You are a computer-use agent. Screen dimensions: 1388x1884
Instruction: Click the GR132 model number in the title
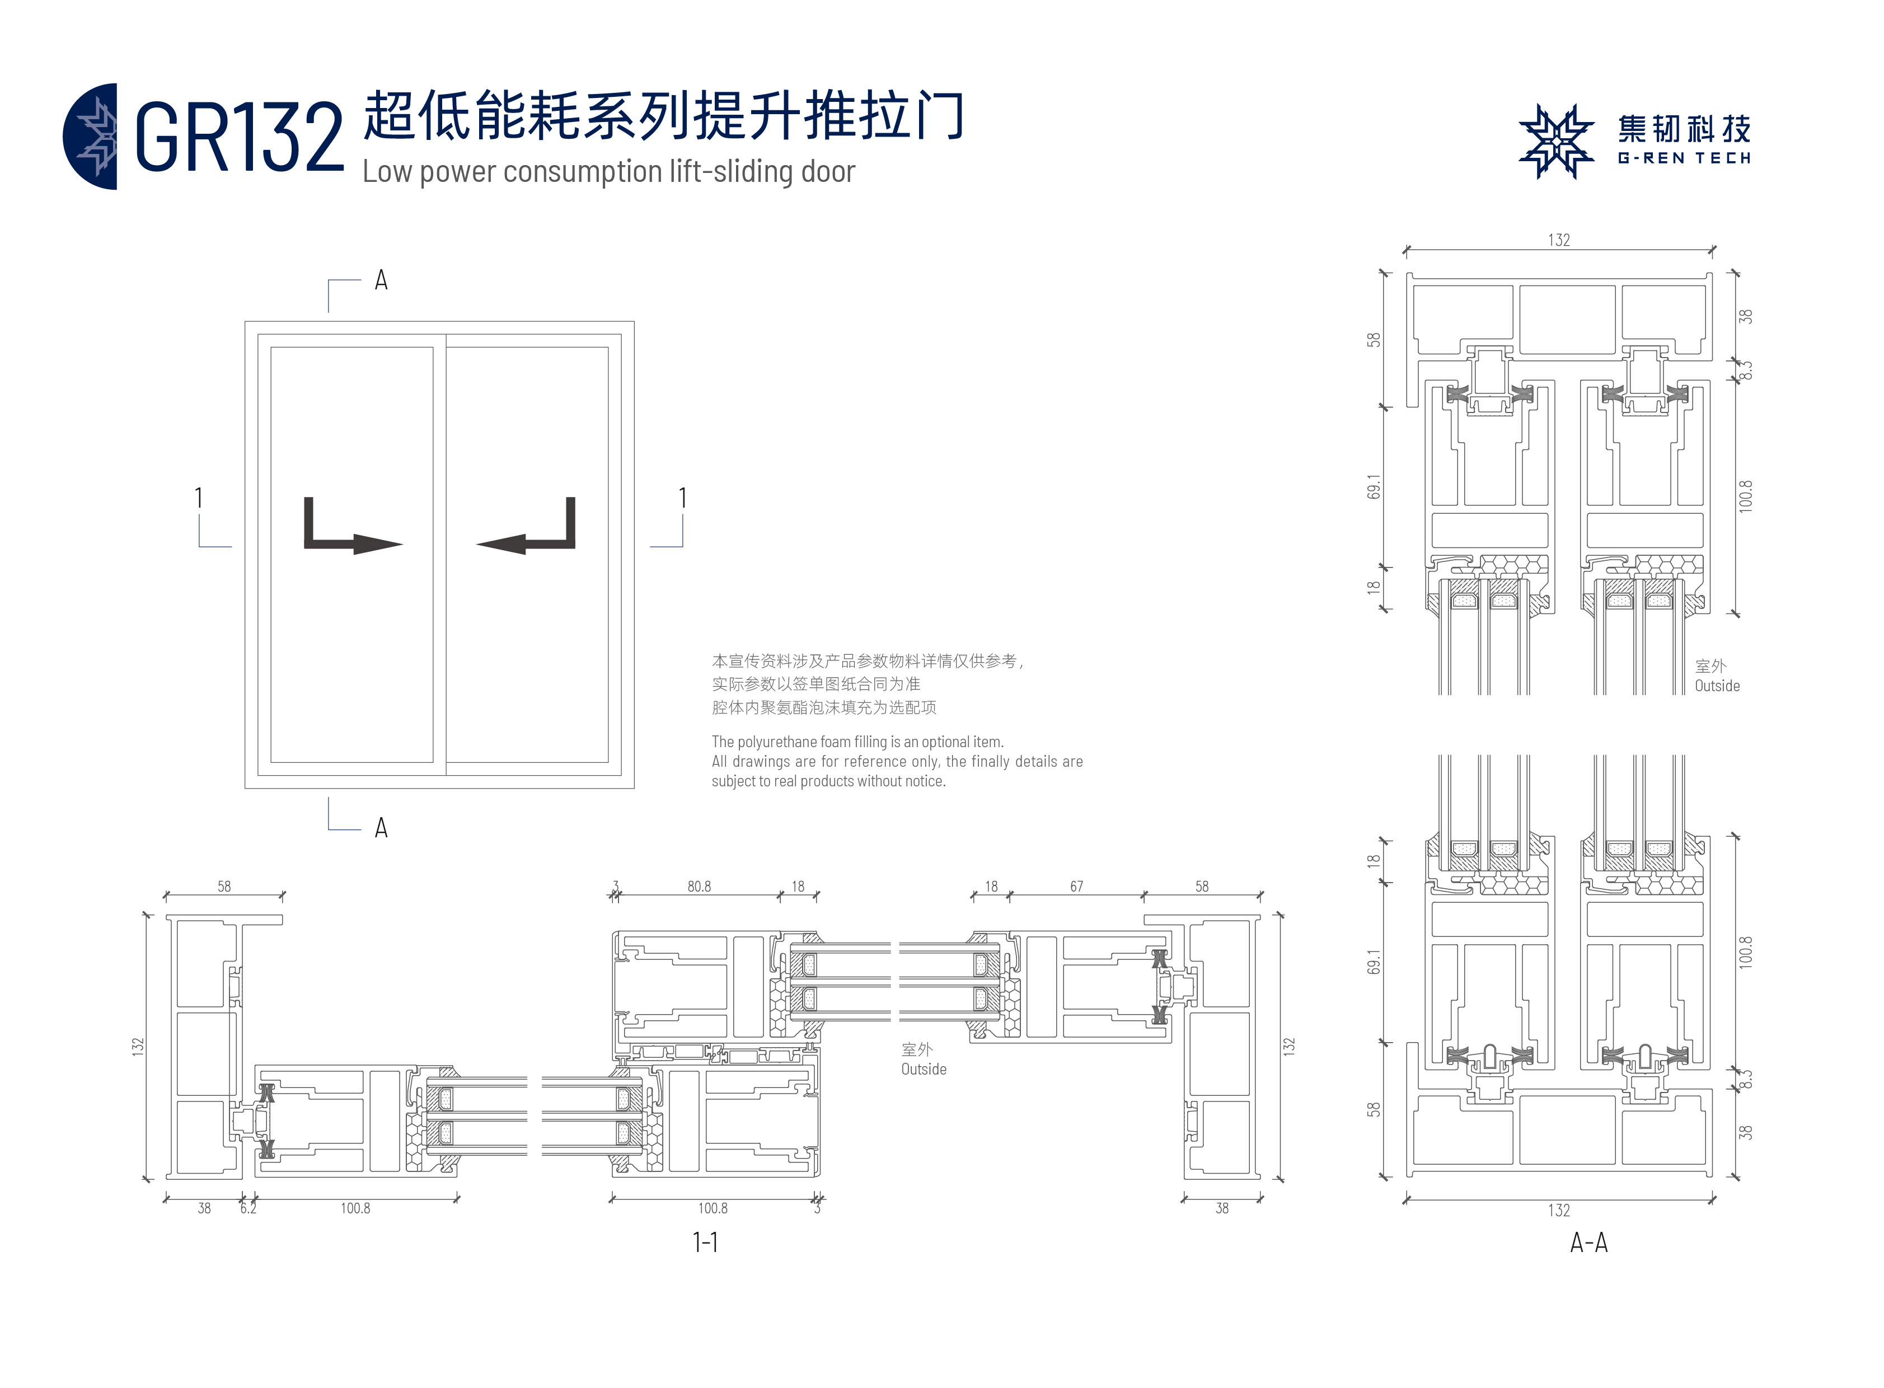pyautogui.click(x=240, y=137)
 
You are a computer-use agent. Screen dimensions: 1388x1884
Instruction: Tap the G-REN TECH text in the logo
pyautogui.click(x=1683, y=158)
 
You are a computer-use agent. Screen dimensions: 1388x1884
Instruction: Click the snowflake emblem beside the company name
pyautogui.click(x=1555, y=141)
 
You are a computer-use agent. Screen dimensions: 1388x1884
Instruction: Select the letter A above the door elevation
pyautogui.click(x=381, y=280)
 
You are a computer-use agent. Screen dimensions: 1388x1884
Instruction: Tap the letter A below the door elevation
pyautogui.click(x=381, y=828)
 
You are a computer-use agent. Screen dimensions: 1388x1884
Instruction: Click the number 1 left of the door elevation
pyautogui.click(x=198, y=498)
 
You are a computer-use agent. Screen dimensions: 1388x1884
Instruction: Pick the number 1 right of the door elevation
pyautogui.click(x=682, y=498)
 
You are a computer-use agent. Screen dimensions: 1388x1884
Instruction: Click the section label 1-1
pyautogui.click(x=705, y=1242)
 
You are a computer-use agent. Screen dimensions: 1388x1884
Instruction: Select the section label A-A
pyautogui.click(x=1588, y=1242)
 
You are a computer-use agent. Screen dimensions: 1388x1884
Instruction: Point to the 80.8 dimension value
pyautogui.click(x=699, y=887)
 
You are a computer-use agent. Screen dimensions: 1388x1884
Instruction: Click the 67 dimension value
pyautogui.click(x=1076, y=887)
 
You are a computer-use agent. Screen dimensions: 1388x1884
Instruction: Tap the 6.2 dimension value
pyautogui.click(x=248, y=1208)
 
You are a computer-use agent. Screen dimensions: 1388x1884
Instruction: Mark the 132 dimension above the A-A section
pyautogui.click(x=1559, y=240)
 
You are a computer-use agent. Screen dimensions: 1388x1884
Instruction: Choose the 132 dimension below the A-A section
pyautogui.click(x=1559, y=1210)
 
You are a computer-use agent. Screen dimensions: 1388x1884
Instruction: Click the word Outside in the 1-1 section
pyautogui.click(x=924, y=1069)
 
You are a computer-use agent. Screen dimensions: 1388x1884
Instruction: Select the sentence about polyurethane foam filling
pyautogui.click(x=857, y=742)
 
